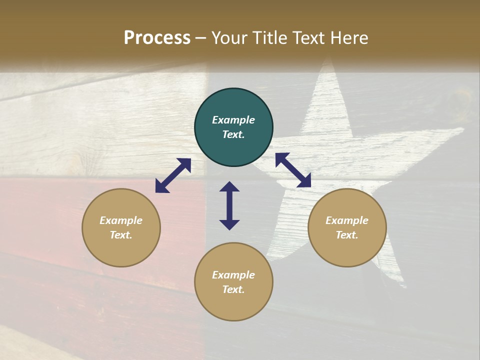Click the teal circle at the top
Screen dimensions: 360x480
pos(233,127)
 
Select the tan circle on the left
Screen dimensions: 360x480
pos(121,227)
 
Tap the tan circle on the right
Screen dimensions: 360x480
pos(347,227)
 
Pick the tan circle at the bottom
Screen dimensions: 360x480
pos(233,282)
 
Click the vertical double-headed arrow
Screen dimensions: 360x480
pos(229,205)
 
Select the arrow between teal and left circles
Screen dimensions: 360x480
pos(173,175)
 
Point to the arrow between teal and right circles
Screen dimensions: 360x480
pos(293,170)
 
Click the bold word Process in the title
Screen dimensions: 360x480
pos(157,38)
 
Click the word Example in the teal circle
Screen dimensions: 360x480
pos(233,120)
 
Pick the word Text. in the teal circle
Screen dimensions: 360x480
pos(233,134)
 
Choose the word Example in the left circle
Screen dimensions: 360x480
pos(121,220)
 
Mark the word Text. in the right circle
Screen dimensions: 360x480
pos(347,235)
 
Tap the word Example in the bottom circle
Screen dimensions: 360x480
pos(233,275)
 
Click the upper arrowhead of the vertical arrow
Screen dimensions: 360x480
pos(229,186)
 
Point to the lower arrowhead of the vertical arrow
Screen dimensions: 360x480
pos(229,224)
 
